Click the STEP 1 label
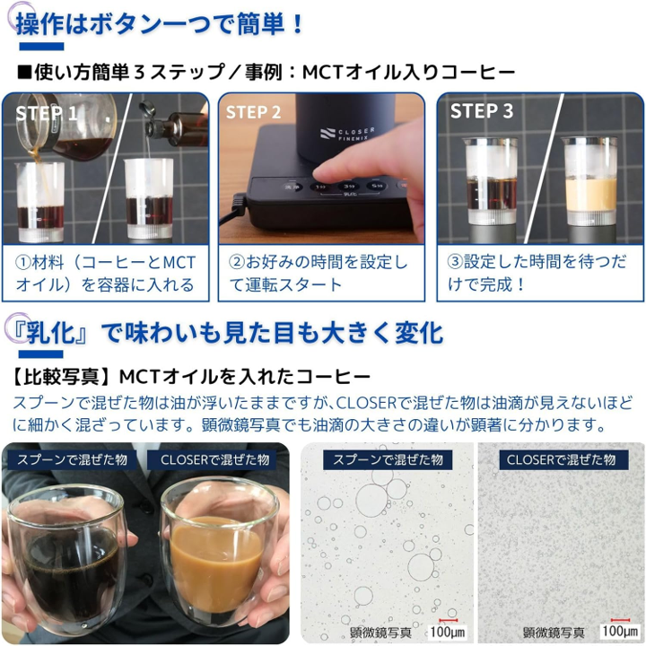46,113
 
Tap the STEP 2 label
253,112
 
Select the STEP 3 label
482,111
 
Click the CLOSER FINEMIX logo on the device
347,135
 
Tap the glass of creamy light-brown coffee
217,552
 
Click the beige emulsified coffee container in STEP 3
590,181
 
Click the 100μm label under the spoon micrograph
448,632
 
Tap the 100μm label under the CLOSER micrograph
620,631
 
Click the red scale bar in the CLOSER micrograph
620,620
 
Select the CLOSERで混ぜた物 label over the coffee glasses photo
214,459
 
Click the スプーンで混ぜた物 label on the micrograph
388,459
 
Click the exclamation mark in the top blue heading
298,24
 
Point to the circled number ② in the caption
237,262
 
